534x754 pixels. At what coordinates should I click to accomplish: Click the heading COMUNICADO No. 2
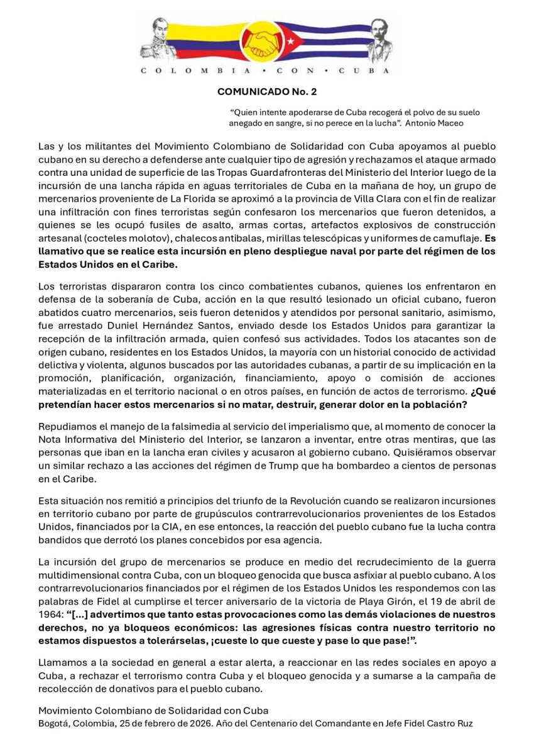click(x=267, y=92)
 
